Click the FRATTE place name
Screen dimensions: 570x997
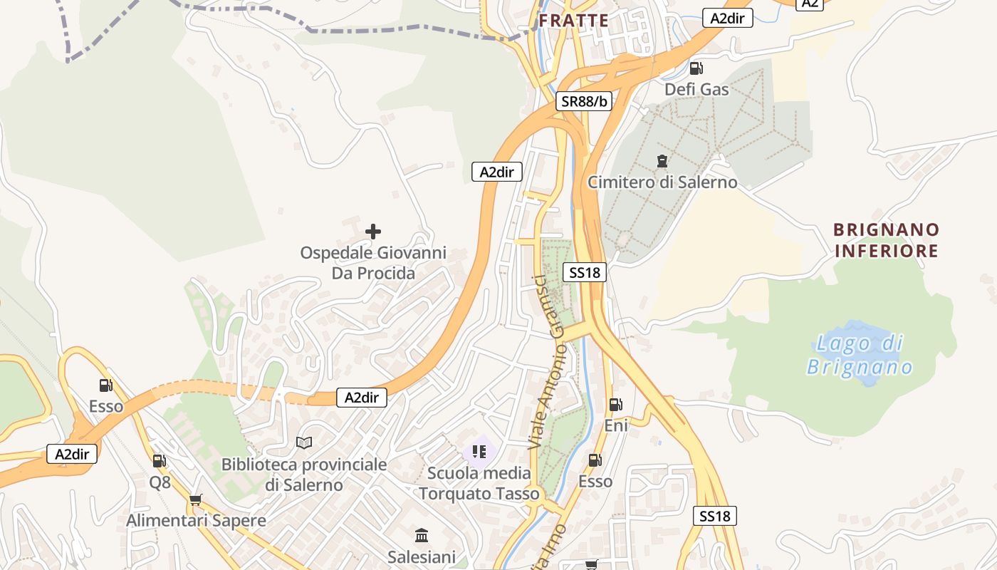point(573,21)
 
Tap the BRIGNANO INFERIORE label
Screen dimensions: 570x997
point(887,240)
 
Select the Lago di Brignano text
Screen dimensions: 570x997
point(860,355)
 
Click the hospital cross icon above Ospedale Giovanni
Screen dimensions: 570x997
point(372,232)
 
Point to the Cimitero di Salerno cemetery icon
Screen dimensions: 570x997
point(662,161)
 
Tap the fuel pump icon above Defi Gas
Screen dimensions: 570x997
point(696,68)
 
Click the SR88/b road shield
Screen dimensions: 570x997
point(584,101)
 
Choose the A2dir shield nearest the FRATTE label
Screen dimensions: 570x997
point(727,19)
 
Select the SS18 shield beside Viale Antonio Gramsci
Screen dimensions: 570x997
point(584,271)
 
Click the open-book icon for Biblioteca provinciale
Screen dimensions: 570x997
point(304,443)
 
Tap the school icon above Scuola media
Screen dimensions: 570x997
point(479,451)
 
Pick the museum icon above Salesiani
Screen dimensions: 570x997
point(421,535)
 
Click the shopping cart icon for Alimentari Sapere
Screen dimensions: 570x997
point(196,499)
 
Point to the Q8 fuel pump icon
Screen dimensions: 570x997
point(160,461)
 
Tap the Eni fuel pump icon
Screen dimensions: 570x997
point(615,405)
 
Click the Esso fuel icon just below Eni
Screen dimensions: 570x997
point(595,460)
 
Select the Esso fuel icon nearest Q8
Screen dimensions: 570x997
point(106,385)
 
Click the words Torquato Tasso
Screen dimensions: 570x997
point(479,493)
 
